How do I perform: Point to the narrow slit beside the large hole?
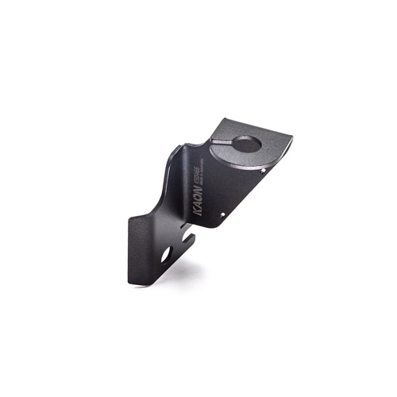(x=225, y=141)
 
